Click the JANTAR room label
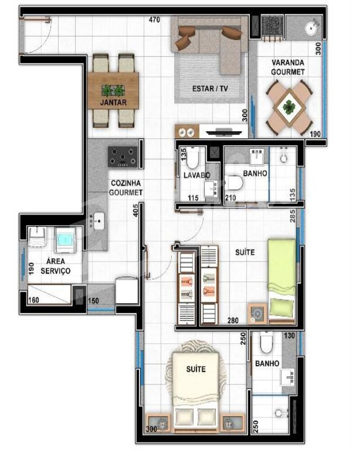(x=113, y=103)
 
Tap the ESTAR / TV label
(x=210, y=88)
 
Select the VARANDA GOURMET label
(x=288, y=67)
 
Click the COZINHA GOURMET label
(x=126, y=188)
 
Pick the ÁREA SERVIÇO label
(x=55, y=265)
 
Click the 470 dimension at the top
(x=155, y=20)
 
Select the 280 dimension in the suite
(x=232, y=320)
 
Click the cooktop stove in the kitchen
(x=123, y=157)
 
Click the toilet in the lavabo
(x=192, y=158)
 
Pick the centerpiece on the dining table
(x=113, y=90)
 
